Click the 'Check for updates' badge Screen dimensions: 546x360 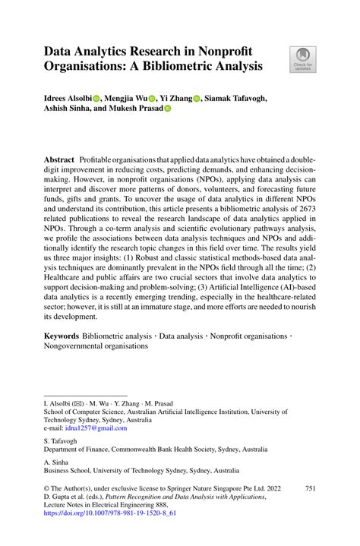click(x=302, y=59)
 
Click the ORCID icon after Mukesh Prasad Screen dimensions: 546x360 click(x=168, y=109)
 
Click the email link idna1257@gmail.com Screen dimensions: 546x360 click(x=86, y=429)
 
